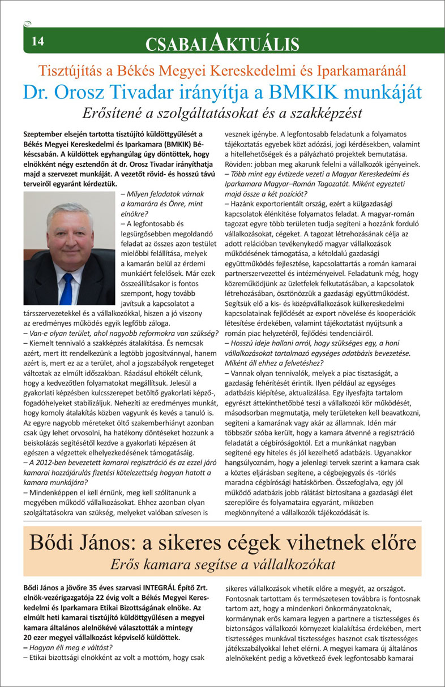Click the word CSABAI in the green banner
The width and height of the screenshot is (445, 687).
177,43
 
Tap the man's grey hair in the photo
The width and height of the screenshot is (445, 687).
69,213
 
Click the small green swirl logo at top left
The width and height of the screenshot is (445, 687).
27,24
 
